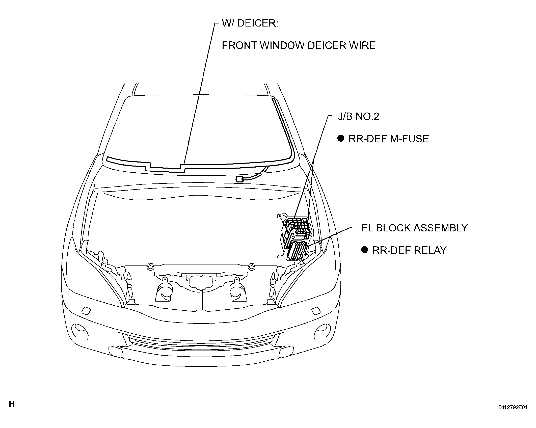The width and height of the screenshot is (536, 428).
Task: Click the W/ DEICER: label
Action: click(x=250, y=23)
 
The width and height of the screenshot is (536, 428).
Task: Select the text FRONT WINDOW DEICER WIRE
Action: click(x=299, y=46)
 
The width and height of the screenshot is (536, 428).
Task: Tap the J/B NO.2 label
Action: click(x=358, y=117)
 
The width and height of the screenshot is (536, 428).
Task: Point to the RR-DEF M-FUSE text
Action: click(x=389, y=139)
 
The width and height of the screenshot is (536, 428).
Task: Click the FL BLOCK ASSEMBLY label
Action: click(x=415, y=228)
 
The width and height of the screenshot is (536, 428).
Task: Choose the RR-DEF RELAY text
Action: click(x=409, y=250)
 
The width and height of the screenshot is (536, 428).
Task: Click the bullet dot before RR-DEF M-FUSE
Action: click(x=341, y=138)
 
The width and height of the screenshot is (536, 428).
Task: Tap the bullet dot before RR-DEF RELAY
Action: click(x=364, y=250)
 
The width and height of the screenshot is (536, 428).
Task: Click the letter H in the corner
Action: click(x=12, y=404)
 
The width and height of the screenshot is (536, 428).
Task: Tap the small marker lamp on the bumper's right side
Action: click(x=316, y=311)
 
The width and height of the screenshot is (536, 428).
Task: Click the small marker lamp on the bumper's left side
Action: click(x=86, y=311)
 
